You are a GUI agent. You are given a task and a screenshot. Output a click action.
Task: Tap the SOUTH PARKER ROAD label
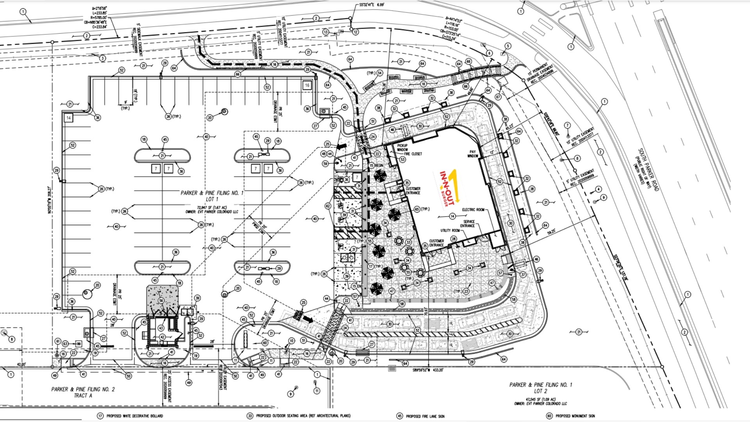pyautogui.click(x=648, y=170)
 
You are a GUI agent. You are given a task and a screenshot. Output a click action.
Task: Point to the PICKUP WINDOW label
pyautogui.click(x=402, y=147)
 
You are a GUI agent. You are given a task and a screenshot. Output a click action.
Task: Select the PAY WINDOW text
pyautogui.click(x=473, y=154)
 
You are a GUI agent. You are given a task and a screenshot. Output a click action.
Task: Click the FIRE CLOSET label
pyautogui.click(x=413, y=154)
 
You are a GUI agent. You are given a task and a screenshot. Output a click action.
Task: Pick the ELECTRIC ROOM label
pyautogui.click(x=473, y=210)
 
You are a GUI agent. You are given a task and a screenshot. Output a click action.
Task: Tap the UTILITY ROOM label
pyautogui.click(x=450, y=231)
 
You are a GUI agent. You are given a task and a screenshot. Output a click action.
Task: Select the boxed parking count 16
pyautogui.click(x=307, y=85)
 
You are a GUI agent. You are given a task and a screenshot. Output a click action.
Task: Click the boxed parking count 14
pyautogui.click(x=68, y=118)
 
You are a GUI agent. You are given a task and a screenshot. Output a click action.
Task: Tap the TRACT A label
pyautogui.click(x=83, y=395)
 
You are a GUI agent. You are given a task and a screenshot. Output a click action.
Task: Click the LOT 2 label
pyautogui.click(x=541, y=391)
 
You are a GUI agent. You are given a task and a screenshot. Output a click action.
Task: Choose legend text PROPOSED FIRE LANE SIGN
pyautogui.click(x=425, y=416)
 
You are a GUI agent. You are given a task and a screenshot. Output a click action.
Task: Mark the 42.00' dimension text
pyautogui.click(x=21, y=364)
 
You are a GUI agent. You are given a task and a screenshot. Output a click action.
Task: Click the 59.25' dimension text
pyautogui.click(x=551, y=232)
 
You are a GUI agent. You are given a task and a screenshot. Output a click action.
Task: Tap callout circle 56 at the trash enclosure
pyautogui.click(x=161, y=301)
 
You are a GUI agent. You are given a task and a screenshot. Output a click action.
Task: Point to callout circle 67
pyautogui.click(x=498, y=97)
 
